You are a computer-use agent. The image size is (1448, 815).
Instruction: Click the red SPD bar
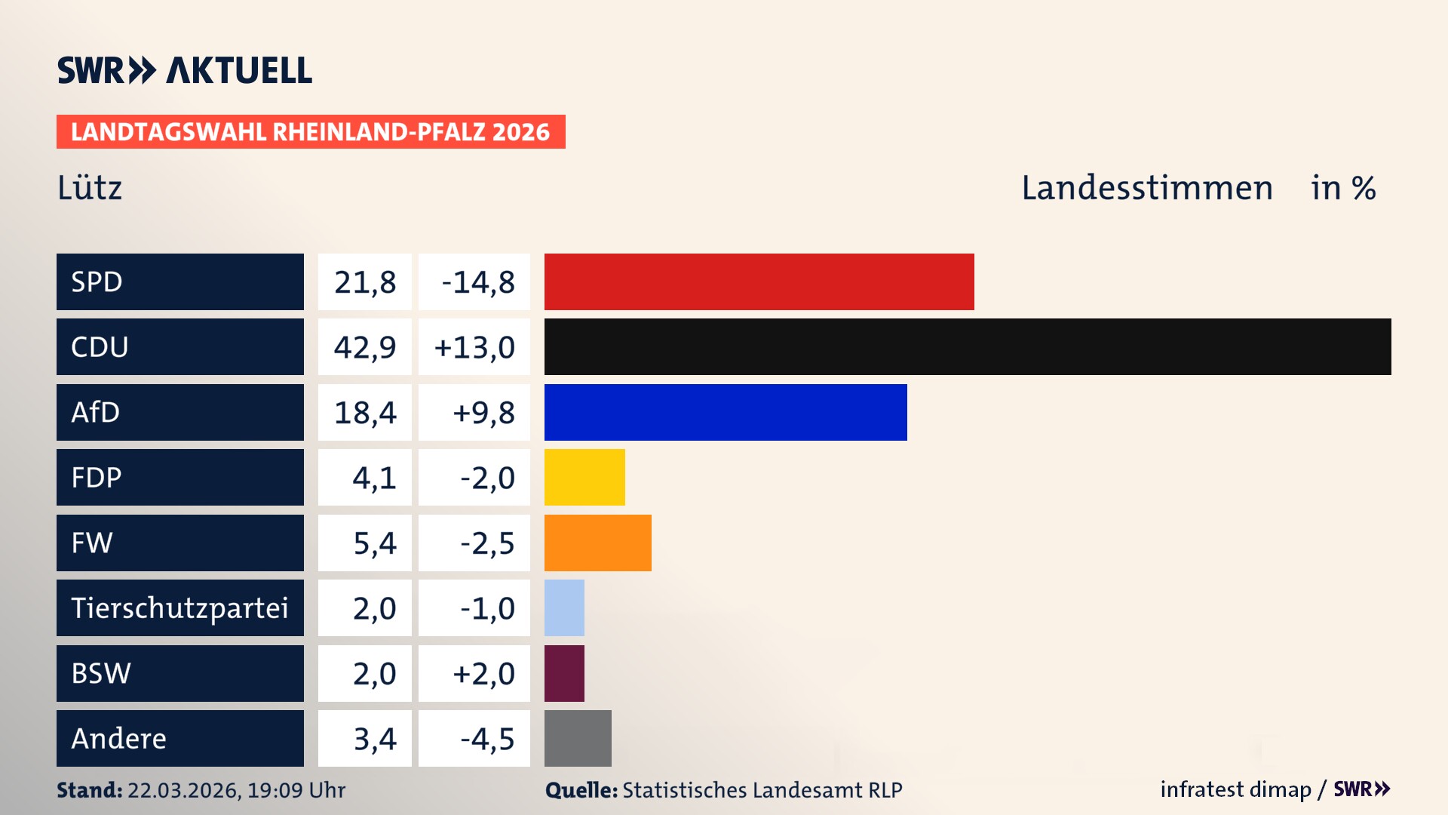(759, 281)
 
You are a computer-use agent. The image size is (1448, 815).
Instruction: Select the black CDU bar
(967, 347)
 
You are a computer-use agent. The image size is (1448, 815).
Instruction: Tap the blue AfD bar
(726, 412)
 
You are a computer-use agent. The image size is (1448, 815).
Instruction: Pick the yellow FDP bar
(584, 477)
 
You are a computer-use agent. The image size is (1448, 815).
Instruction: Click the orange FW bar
(597, 543)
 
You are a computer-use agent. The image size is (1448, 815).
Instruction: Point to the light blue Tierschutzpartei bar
(564, 607)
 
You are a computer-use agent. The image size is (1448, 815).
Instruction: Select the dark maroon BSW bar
(564, 673)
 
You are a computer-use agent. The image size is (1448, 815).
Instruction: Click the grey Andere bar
(578, 738)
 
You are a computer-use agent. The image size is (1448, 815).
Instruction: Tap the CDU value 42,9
(365, 347)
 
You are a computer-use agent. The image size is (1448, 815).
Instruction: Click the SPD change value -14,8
(477, 282)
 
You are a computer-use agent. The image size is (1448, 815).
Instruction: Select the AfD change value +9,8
(483, 413)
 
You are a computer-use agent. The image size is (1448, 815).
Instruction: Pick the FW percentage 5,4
(374, 543)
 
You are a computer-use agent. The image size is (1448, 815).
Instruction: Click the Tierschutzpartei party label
(179, 607)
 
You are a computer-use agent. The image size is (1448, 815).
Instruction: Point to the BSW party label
(101, 673)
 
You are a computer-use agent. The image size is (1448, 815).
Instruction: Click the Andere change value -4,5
(486, 739)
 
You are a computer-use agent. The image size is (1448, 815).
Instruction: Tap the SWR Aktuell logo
(184, 70)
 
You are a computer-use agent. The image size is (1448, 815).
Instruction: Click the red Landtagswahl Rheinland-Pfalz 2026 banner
(311, 132)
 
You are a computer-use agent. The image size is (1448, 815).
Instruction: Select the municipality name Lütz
(90, 187)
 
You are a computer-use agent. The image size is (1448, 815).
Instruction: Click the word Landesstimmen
(1146, 188)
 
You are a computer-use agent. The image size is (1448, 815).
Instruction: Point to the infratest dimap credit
(1235, 789)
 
